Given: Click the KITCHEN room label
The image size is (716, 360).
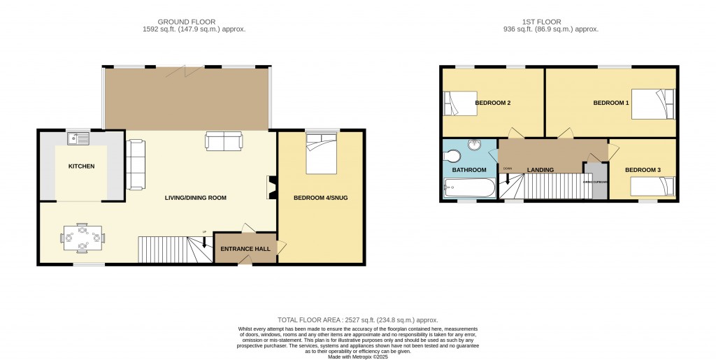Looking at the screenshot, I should coord(81,166).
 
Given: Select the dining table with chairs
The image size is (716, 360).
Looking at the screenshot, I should coord(83,237).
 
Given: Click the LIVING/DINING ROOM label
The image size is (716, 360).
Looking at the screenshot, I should coord(196,198).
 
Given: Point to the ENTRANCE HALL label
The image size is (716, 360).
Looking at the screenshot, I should coord(245,249).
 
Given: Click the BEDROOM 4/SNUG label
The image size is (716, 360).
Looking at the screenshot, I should coord(320,198).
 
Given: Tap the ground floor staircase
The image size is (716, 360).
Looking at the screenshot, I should coord(169,249).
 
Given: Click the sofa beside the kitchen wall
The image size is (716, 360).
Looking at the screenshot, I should coord(135,164).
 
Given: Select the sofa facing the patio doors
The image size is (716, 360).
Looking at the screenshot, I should coord(224,141).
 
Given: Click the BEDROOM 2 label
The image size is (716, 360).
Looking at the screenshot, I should coord(493,103).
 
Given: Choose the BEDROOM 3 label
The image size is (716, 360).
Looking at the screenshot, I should coord(642,170).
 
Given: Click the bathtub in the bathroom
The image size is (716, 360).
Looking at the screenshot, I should coord(469,187).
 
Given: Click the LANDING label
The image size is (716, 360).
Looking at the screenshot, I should coord(540,170).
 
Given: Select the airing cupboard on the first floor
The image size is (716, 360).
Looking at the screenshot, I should coord(596,181).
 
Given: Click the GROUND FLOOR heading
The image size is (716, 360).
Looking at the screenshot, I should coord(186,22).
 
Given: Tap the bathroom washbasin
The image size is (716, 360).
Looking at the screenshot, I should coord(476,145).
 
